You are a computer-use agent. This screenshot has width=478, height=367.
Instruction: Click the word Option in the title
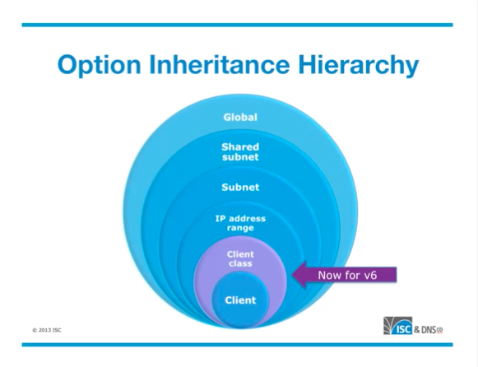[100, 66]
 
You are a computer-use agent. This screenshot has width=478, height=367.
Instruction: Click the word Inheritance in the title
[219, 64]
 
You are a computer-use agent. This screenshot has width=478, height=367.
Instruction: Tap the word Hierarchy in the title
[359, 66]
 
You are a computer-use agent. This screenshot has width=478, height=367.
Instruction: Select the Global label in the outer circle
[240, 118]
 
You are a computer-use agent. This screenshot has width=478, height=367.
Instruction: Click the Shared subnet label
[240, 151]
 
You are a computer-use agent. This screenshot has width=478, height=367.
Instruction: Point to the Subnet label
[240, 187]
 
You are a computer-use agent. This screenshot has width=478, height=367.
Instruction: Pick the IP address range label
[240, 223]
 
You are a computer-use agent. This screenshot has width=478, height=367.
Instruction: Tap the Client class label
[240, 258]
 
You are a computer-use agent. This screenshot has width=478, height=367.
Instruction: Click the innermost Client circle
[240, 300]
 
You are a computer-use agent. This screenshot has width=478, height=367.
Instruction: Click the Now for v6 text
[347, 276]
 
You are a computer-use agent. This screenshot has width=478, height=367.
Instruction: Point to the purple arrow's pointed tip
[292, 275]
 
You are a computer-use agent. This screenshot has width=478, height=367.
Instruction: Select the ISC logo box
[398, 326]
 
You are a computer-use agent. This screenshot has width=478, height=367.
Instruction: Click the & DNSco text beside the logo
[429, 329]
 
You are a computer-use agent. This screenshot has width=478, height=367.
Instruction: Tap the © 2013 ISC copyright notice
[47, 330]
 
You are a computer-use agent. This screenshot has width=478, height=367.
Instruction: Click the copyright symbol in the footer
[35, 330]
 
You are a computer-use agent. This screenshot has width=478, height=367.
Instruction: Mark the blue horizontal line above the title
[238, 25]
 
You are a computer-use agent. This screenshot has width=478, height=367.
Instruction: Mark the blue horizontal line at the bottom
[238, 345]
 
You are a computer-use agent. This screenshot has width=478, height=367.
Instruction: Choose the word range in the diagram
[240, 228]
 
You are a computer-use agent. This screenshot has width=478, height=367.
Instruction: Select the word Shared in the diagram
[240, 147]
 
